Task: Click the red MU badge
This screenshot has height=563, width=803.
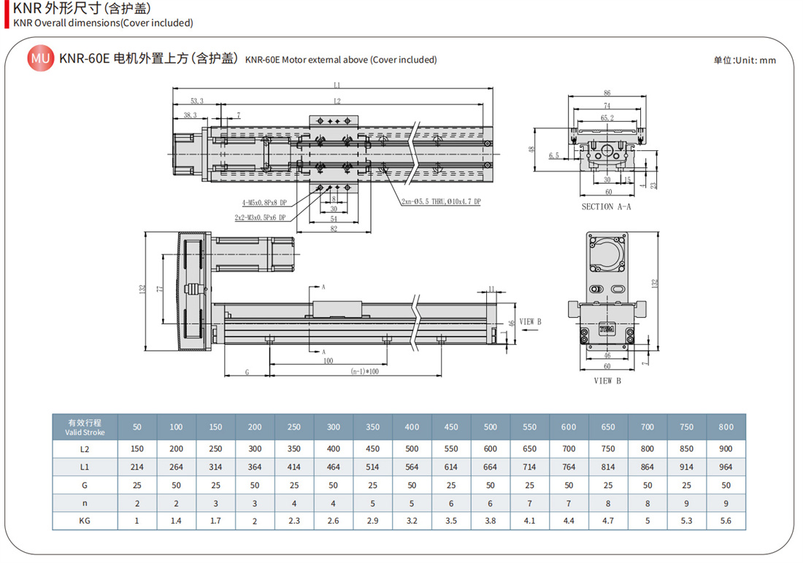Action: point(40,58)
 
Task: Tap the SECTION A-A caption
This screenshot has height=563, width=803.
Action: point(606,207)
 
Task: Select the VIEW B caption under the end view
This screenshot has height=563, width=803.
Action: point(607,381)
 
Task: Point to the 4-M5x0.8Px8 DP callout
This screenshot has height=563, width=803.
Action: point(264,203)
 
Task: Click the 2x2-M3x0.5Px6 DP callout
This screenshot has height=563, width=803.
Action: point(260,217)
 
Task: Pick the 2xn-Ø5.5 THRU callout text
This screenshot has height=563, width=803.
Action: point(441,202)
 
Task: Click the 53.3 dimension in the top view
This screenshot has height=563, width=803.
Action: point(197,101)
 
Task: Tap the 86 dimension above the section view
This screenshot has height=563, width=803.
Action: point(607,93)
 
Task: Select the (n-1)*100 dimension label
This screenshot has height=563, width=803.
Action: point(364,371)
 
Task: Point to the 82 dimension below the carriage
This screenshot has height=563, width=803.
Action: point(334,229)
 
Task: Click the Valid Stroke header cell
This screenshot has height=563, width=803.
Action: point(85,427)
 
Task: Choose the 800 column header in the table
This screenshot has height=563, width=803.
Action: point(726,427)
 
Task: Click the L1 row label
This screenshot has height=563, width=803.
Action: point(85,467)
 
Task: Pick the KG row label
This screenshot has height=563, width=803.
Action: point(85,521)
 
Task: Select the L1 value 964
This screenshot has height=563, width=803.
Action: point(726,467)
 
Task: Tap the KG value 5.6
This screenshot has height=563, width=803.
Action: point(726,521)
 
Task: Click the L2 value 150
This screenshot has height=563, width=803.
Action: point(137,449)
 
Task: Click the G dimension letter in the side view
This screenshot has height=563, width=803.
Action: point(247,372)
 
